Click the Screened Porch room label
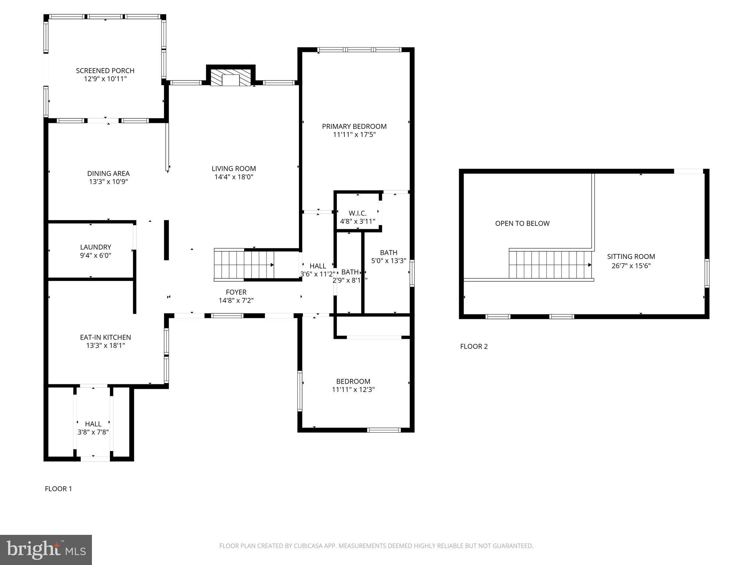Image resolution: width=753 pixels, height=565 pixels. click(x=105, y=71)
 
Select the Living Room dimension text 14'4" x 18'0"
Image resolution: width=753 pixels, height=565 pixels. click(x=234, y=177)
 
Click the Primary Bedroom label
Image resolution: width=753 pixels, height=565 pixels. click(x=354, y=127)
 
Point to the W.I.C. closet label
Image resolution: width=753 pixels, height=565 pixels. click(x=357, y=213)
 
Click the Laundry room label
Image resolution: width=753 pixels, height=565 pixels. click(x=96, y=247)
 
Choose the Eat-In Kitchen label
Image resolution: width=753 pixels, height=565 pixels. click(x=106, y=337)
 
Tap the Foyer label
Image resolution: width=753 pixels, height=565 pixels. click(x=236, y=292)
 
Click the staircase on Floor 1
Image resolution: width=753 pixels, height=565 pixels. click(x=244, y=265)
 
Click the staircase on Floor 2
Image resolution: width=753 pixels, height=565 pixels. click(x=550, y=265)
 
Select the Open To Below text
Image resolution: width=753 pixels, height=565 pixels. click(x=522, y=223)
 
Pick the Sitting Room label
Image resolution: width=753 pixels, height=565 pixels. click(x=631, y=257)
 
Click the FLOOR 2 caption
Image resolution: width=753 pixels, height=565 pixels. click(x=474, y=346)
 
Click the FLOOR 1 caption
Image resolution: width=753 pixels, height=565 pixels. click(x=58, y=488)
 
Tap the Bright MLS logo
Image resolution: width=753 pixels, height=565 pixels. click(x=46, y=550)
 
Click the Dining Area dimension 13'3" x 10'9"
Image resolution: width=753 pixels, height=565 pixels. click(x=108, y=182)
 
